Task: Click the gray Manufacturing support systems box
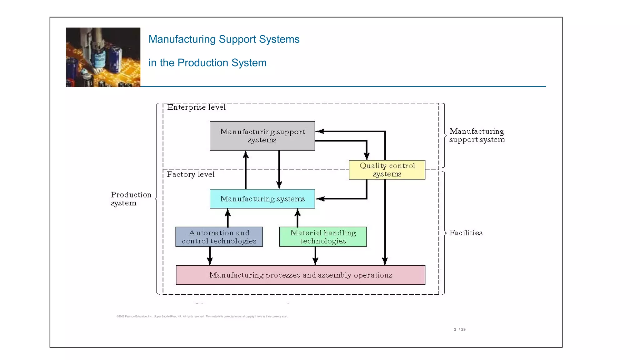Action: (x=262, y=136)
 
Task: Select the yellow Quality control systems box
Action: (x=387, y=170)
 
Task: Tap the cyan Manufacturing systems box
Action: (x=262, y=199)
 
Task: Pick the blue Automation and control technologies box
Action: (x=219, y=237)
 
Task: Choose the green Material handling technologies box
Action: (x=323, y=237)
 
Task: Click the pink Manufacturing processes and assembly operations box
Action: (x=300, y=275)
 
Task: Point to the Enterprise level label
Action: (x=196, y=107)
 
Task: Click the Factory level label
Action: (x=190, y=174)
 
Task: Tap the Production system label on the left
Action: (x=131, y=199)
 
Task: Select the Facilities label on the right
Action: (x=466, y=233)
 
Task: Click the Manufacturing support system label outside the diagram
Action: (x=477, y=135)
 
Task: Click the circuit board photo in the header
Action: (x=103, y=57)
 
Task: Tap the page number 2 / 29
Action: (x=460, y=329)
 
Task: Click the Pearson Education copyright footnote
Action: (x=202, y=316)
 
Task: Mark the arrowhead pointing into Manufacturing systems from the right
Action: (x=320, y=199)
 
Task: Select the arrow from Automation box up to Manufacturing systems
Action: (x=228, y=218)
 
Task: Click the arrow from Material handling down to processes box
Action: (x=315, y=256)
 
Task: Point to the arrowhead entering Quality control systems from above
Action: (x=367, y=156)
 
